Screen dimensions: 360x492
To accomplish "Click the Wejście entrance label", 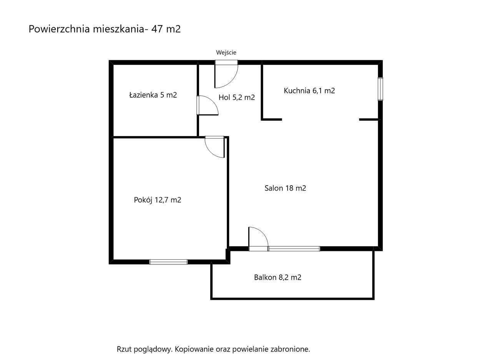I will click(x=226, y=53).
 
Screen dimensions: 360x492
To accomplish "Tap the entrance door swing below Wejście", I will click(x=226, y=75).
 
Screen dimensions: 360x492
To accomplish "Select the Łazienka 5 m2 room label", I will click(x=153, y=95).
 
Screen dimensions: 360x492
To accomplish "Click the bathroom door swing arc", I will click(x=208, y=106).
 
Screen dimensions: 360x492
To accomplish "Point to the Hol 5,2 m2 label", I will click(x=236, y=98).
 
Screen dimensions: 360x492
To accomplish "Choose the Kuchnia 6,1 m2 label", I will click(x=309, y=91).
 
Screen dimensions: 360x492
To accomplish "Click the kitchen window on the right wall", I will click(x=380, y=89).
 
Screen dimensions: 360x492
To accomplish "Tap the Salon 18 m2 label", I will click(x=285, y=188).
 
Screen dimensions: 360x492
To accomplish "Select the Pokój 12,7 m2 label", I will click(x=158, y=200).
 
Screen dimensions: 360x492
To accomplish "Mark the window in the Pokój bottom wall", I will click(x=168, y=262).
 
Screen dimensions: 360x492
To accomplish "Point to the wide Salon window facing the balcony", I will click(x=294, y=249).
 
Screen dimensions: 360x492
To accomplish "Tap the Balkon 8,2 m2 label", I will click(x=278, y=277).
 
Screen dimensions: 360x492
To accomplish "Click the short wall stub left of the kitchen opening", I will click(x=272, y=119).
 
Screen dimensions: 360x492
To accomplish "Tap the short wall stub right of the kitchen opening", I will click(x=369, y=119).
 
